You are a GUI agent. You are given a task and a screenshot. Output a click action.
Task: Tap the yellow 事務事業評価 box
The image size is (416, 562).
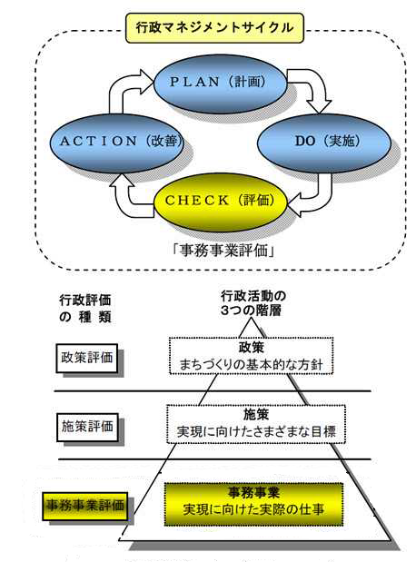click(87, 502)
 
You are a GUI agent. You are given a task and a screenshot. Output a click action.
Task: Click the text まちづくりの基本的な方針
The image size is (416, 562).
click(251, 366)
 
